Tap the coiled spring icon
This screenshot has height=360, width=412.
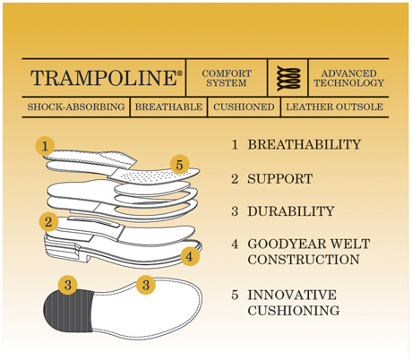click(288, 78)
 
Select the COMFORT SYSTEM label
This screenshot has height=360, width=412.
click(227, 78)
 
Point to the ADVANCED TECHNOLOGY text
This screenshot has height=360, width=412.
click(348, 78)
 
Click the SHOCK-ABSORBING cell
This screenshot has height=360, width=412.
click(76, 107)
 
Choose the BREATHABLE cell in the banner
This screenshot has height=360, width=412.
click(168, 107)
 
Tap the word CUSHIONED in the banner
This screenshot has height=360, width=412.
click(244, 107)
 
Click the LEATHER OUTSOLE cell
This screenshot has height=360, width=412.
click(334, 107)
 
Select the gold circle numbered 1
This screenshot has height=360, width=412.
click(45, 146)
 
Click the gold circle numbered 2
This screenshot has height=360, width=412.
click(48, 222)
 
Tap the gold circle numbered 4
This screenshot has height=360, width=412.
click(190, 256)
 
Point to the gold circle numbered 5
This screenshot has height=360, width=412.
click(179, 165)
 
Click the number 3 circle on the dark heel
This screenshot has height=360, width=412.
click(68, 285)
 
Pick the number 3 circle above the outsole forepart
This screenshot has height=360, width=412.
click(146, 285)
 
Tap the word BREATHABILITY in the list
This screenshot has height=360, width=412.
click(305, 144)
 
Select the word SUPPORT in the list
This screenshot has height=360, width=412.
click(279, 179)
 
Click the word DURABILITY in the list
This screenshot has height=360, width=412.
click(291, 211)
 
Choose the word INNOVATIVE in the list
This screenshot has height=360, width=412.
click(292, 295)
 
